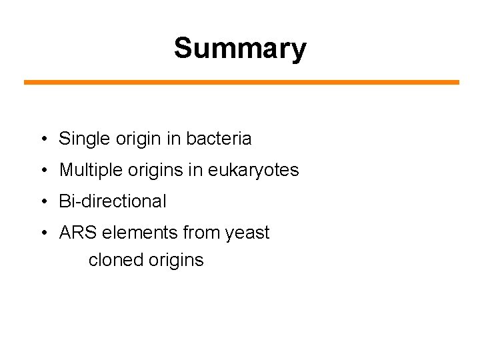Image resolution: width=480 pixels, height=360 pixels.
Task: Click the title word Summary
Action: pyautogui.click(x=240, y=49)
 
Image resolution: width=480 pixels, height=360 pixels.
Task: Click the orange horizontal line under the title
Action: pyautogui.click(x=241, y=82)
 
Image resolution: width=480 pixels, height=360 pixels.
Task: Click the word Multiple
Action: pyautogui.click(x=89, y=170)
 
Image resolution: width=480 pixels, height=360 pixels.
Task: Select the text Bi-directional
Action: pyautogui.click(x=113, y=201)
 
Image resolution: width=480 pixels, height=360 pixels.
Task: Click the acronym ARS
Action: pyautogui.click(x=77, y=233)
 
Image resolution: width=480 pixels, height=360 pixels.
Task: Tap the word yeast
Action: pyautogui.click(x=247, y=233)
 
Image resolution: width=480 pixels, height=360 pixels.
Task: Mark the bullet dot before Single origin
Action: pyautogui.click(x=43, y=139)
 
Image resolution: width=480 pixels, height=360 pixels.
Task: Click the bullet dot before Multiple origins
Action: pyautogui.click(x=43, y=171)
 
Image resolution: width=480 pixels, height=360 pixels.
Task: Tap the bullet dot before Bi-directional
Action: pyautogui.click(x=43, y=201)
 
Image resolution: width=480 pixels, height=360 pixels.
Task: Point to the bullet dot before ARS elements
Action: pyautogui.click(x=43, y=233)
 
